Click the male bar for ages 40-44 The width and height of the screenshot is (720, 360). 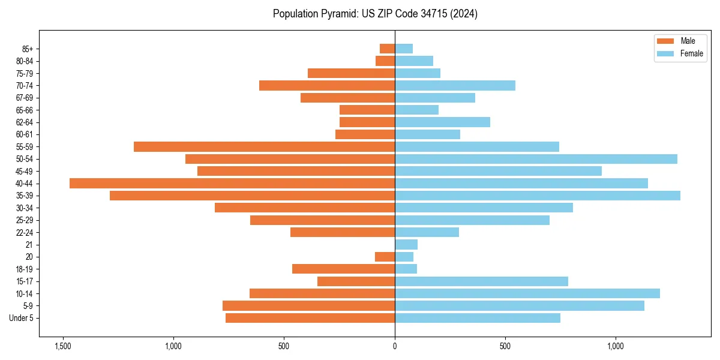[x=232, y=184]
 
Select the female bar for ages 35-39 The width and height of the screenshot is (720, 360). [x=537, y=196]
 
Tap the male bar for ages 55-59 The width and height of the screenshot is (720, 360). [x=264, y=147]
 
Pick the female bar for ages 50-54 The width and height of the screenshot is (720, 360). [x=536, y=159]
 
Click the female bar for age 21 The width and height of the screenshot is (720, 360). [x=406, y=245]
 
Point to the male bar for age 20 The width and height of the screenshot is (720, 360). [x=385, y=257]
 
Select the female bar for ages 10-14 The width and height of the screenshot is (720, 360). [x=527, y=293]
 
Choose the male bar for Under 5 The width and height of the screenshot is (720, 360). [x=310, y=318]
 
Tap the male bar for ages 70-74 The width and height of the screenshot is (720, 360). [x=327, y=86]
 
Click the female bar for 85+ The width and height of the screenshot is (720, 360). [x=404, y=49]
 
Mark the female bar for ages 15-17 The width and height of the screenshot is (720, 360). [x=481, y=281]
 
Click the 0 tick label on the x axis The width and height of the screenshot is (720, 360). [x=395, y=346]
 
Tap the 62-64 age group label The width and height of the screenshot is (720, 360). [x=25, y=122]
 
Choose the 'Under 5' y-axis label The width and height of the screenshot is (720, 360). [x=22, y=318]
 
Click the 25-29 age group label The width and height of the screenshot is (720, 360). [x=25, y=220]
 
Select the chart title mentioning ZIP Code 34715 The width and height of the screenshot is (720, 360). [x=375, y=14]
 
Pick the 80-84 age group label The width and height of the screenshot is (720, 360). [x=25, y=61]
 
